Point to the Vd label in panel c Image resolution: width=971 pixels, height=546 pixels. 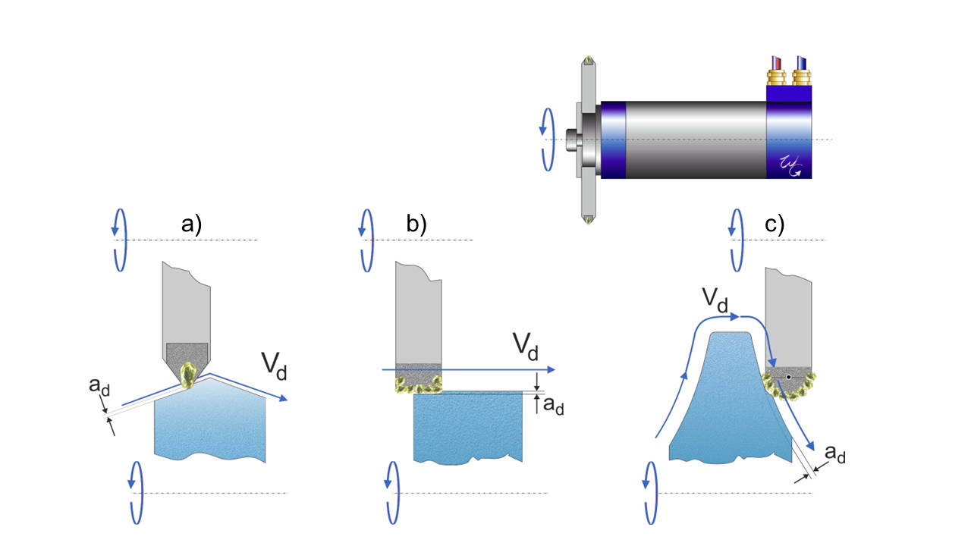pyautogui.click(x=713, y=301)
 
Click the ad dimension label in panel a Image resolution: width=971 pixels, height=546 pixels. pyautogui.click(x=98, y=388)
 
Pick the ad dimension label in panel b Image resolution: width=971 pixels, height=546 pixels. pyautogui.click(x=553, y=406)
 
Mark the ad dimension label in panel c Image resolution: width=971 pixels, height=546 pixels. pyautogui.click(x=835, y=454)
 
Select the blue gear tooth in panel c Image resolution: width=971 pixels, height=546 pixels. pyautogui.click(x=721, y=402)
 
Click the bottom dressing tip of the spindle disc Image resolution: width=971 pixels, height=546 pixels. pyautogui.click(x=588, y=220)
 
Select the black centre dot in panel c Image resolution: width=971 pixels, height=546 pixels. pyautogui.click(x=789, y=376)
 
